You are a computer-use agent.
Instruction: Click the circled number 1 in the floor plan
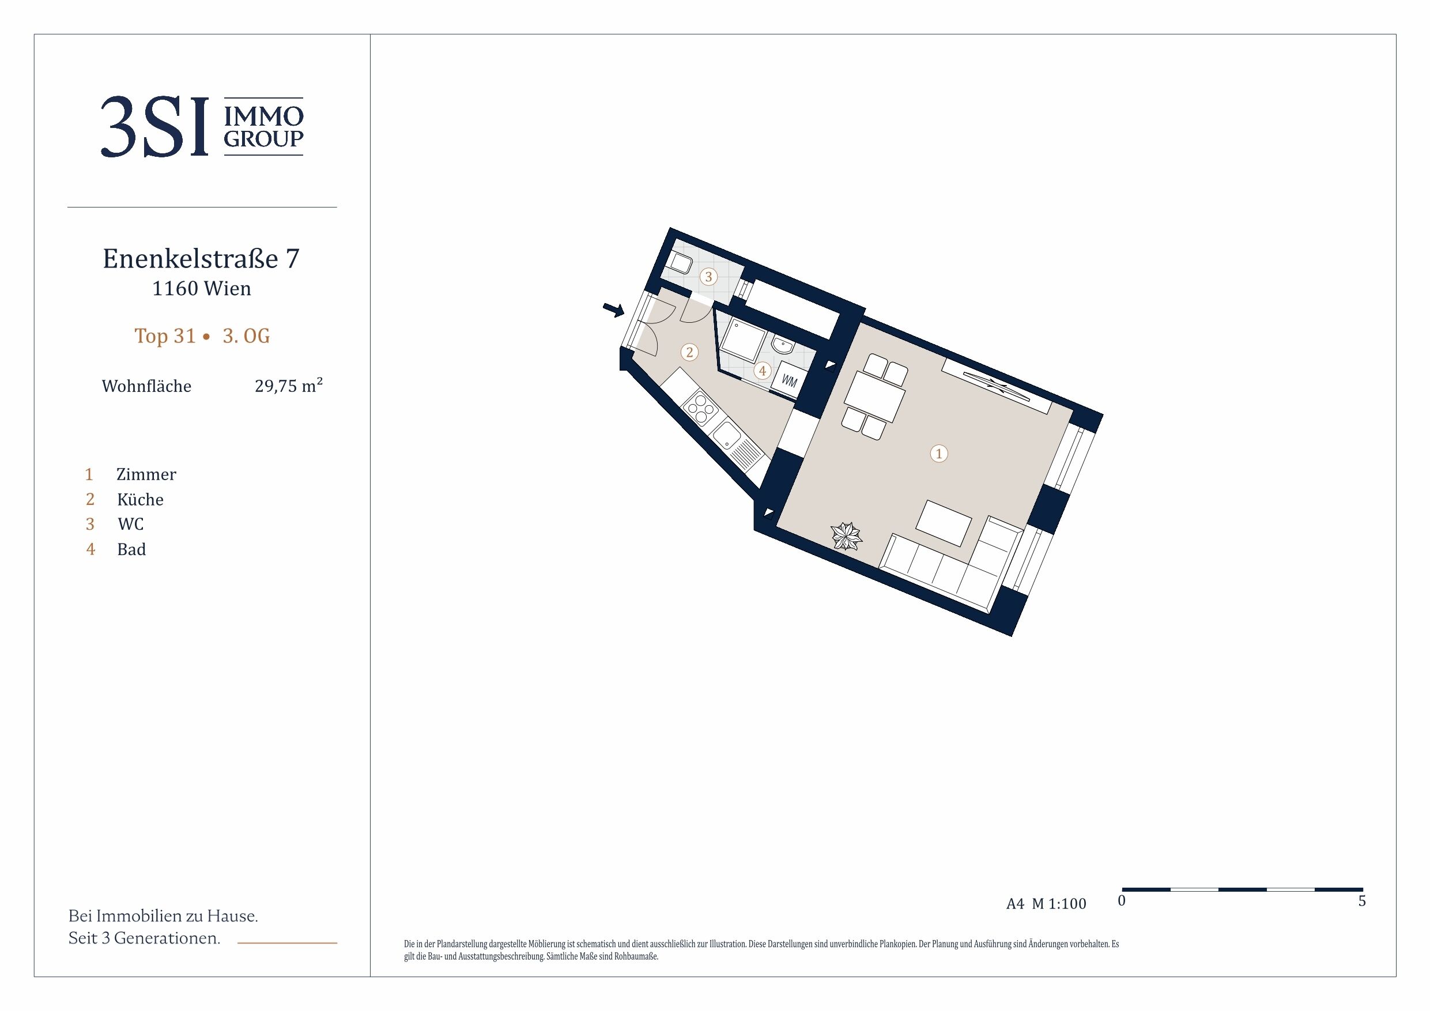tap(938, 454)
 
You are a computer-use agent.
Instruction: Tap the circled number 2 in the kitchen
tap(689, 353)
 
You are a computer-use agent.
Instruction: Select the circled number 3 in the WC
tap(708, 277)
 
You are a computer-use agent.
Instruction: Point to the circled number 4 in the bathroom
tap(763, 371)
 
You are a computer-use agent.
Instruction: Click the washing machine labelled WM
tap(789, 380)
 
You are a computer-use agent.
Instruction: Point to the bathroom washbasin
tap(781, 344)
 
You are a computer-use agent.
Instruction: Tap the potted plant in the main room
tap(846, 535)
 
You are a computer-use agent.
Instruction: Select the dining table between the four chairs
tap(874, 397)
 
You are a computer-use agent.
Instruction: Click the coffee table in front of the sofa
tap(944, 523)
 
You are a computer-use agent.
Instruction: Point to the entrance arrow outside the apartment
tap(613, 310)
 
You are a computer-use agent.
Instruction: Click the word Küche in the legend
tap(140, 500)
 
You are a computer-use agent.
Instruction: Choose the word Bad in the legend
tap(131, 549)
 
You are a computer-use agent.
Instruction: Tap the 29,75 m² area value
tap(289, 385)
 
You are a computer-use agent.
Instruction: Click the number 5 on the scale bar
tap(1362, 901)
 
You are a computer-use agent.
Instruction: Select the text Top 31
tap(165, 336)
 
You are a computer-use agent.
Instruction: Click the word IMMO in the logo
tap(263, 116)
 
